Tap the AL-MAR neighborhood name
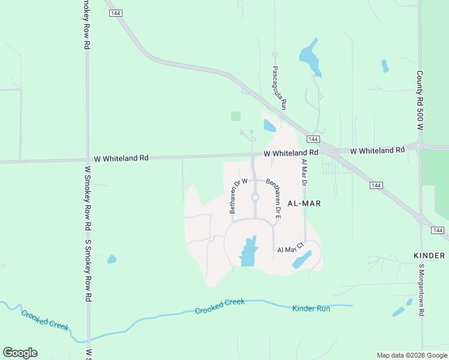[x=304, y=203]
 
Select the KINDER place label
[x=429, y=256]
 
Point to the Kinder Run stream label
[x=311, y=308]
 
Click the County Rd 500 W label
[x=420, y=101]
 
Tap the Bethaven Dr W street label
[x=235, y=196]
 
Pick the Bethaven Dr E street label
[x=273, y=197]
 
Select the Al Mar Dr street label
[x=304, y=172]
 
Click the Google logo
[x=20, y=353]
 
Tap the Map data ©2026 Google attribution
[x=412, y=355]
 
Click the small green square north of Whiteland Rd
[x=236, y=116]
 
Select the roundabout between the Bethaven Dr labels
[x=255, y=197]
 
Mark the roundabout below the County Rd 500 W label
[x=418, y=145]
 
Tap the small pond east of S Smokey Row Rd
[x=112, y=259]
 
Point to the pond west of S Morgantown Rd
[x=398, y=311]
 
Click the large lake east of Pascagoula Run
[x=310, y=58]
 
